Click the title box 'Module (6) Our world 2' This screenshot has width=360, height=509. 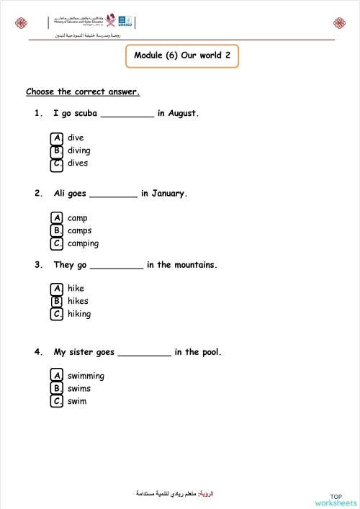[x=181, y=56]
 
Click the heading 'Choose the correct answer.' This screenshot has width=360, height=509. [x=83, y=91]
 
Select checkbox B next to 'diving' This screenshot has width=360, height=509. [x=57, y=150]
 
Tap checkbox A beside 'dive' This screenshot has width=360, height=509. [x=57, y=138]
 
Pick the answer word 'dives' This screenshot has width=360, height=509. [x=78, y=163]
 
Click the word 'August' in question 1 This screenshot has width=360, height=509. [x=182, y=113]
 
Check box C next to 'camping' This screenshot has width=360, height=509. [x=57, y=244]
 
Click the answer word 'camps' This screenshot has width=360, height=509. [x=79, y=231]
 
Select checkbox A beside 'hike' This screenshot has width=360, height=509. [x=57, y=289]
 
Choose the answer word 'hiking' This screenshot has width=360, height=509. [x=79, y=314]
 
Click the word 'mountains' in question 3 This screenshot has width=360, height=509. [x=193, y=265]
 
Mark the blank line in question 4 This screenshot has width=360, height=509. [x=144, y=353]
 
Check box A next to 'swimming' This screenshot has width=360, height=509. [x=57, y=376]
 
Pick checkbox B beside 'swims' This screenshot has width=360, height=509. [x=57, y=389]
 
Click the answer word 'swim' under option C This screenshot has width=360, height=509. [x=77, y=401]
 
